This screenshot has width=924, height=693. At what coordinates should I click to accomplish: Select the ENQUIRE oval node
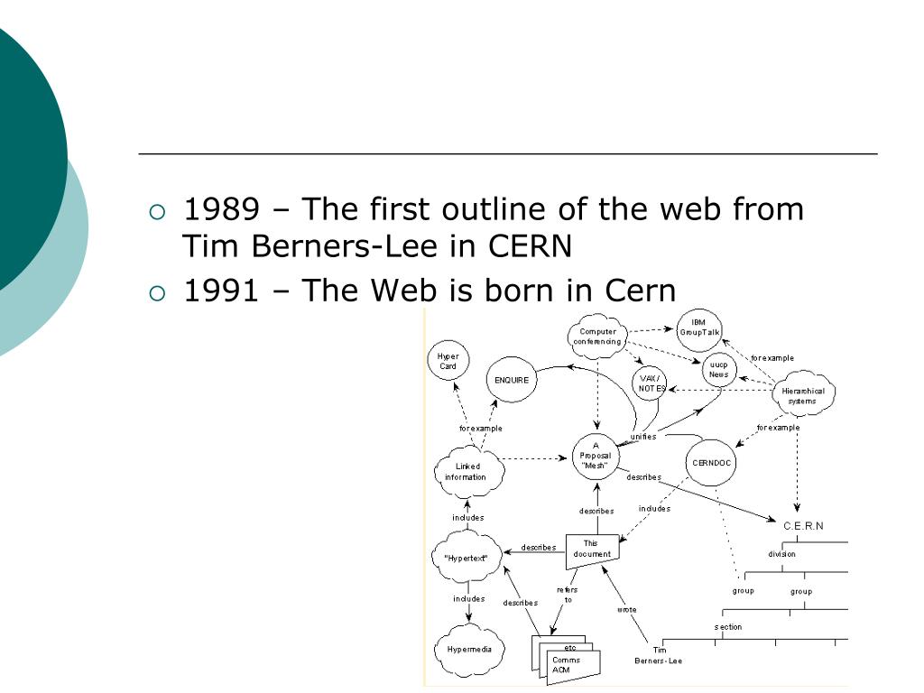point(512,380)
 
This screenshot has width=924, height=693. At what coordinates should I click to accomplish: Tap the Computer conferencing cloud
point(597,337)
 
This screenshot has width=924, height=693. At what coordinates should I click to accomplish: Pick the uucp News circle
point(718,370)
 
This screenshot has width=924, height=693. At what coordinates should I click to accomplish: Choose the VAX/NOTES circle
point(651,383)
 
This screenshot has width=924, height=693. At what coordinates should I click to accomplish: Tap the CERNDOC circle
point(713,463)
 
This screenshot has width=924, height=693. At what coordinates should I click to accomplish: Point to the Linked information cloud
point(467,472)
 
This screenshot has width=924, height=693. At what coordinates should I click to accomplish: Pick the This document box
point(591,550)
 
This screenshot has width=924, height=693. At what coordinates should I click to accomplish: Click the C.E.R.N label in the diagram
point(803,526)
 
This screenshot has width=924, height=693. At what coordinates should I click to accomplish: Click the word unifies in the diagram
point(643,436)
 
